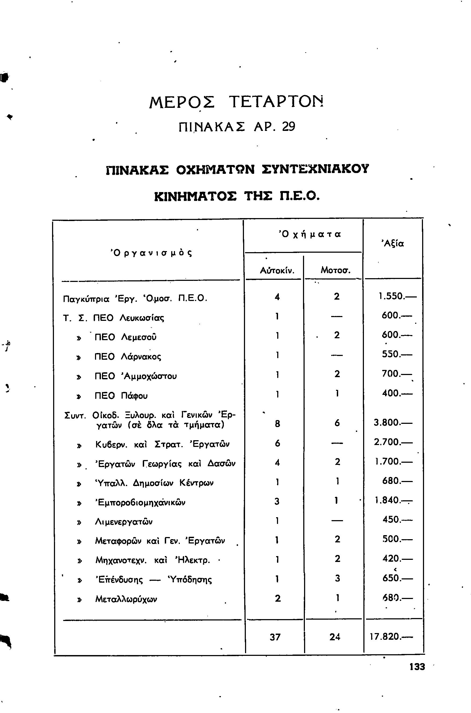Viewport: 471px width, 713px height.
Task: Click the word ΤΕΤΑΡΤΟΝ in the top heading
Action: click(x=277, y=102)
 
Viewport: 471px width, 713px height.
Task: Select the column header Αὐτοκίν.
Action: click(x=277, y=270)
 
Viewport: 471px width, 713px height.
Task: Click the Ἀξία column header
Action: click(x=393, y=243)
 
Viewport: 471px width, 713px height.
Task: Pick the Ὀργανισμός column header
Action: click(x=151, y=253)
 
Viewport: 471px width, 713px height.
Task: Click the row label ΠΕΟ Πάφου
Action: click(x=121, y=396)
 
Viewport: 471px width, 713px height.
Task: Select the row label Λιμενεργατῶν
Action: click(x=124, y=522)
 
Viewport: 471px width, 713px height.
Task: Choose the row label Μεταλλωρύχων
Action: click(x=126, y=599)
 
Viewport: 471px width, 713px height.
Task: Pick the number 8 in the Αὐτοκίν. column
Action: click(x=277, y=424)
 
